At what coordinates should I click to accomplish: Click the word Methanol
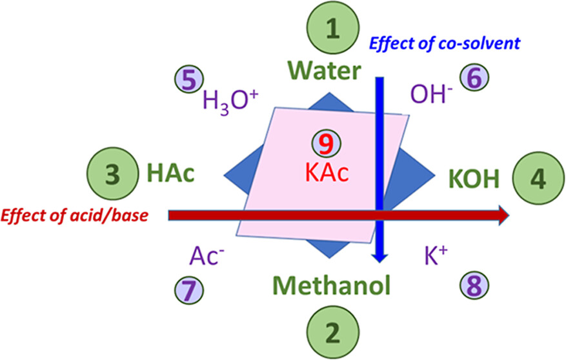click(x=331, y=284)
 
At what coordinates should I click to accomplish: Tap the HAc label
click(x=171, y=174)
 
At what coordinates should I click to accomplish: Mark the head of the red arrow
click(x=501, y=215)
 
